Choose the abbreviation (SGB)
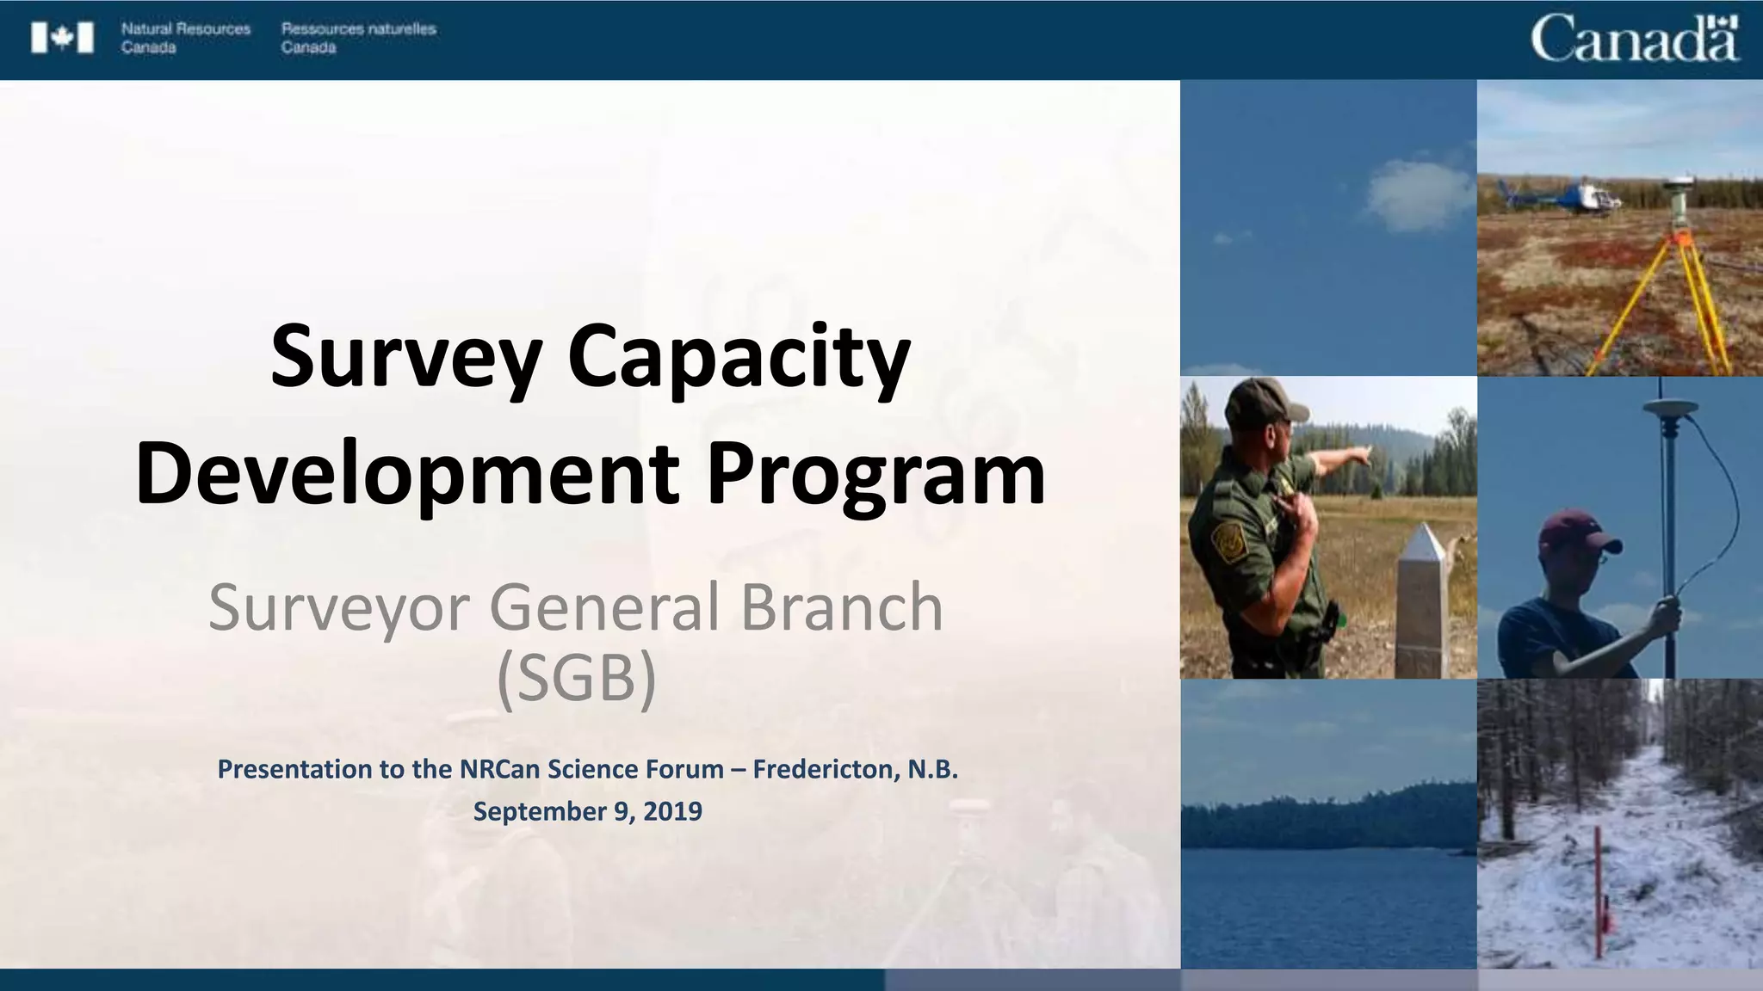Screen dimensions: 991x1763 pyautogui.click(x=577, y=679)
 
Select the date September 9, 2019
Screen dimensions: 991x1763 pyautogui.click(x=588, y=811)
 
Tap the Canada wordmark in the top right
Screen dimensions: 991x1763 pyautogui.click(x=1634, y=39)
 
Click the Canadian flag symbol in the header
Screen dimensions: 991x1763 pyautogui.click(x=62, y=39)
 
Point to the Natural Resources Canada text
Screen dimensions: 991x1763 pyautogui.click(x=185, y=38)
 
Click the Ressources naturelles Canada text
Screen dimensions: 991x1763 pyautogui.click(x=358, y=38)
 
